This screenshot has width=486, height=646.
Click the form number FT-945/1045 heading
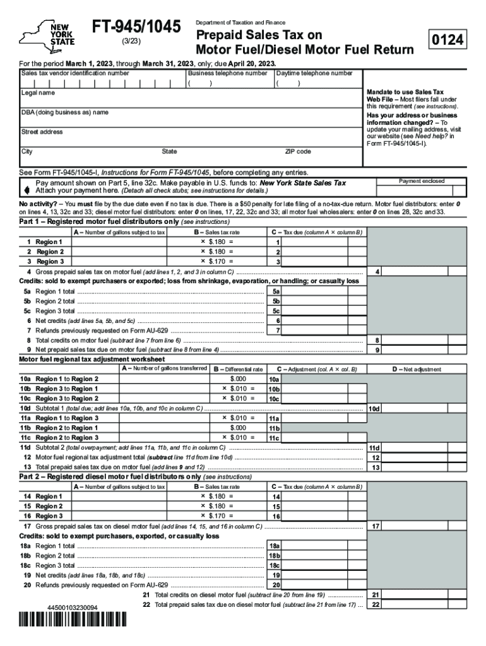click(137, 27)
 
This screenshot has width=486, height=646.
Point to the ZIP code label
click(299, 152)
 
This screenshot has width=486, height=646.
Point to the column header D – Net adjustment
click(417, 370)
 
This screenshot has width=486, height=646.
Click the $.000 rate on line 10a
click(238, 379)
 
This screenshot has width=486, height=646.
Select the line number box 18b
click(274, 556)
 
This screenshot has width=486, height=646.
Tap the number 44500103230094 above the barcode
click(73, 608)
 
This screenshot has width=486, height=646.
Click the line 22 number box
click(376, 604)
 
